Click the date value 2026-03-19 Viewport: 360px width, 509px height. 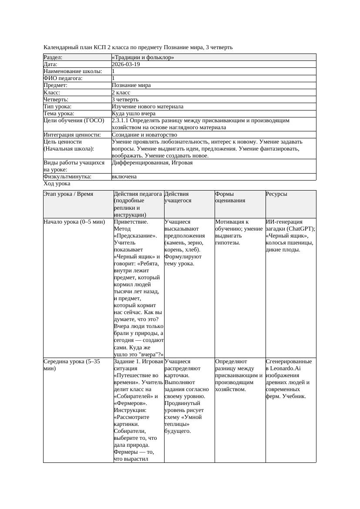(x=126, y=64)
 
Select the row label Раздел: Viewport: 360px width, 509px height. (x=53, y=57)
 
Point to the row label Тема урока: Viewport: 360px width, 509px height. (x=59, y=114)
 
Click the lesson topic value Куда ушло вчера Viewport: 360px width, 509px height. (x=134, y=114)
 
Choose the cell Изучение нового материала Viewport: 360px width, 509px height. (x=148, y=107)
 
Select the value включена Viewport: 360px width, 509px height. (x=124, y=177)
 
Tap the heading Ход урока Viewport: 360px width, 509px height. (x=57, y=184)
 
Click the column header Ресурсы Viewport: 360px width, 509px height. (x=276, y=194)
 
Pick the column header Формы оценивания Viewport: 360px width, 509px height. (x=230, y=197)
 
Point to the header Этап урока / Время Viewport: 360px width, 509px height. (x=68, y=194)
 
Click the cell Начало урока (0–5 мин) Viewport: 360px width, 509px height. (x=74, y=222)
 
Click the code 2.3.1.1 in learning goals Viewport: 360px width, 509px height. (x=122, y=121)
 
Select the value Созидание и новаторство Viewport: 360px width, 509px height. (x=144, y=135)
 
